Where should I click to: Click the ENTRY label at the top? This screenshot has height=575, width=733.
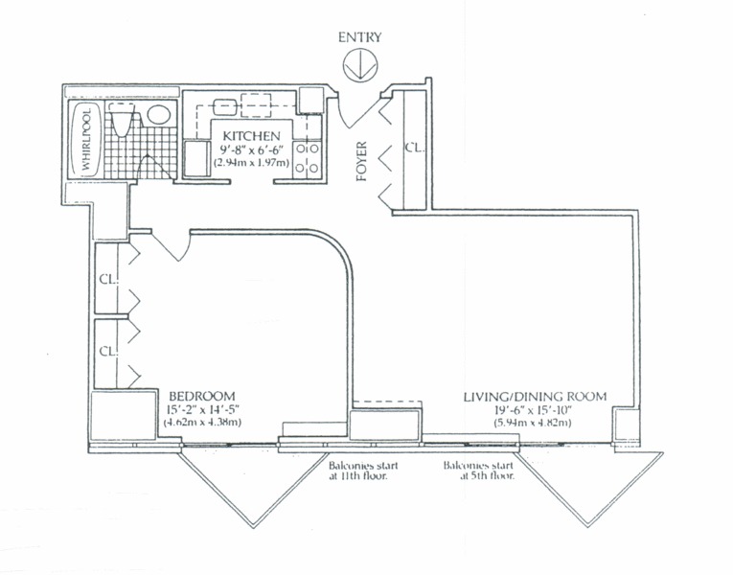pyautogui.click(x=359, y=37)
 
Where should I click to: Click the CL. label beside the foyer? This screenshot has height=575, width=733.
pyautogui.click(x=414, y=149)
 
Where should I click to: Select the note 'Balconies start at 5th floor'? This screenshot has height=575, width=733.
pyautogui.click(x=478, y=470)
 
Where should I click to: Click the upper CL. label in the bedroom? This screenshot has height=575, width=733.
pyautogui.click(x=106, y=281)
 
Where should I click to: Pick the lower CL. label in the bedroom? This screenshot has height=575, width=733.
pyautogui.click(x=106, y=350)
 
